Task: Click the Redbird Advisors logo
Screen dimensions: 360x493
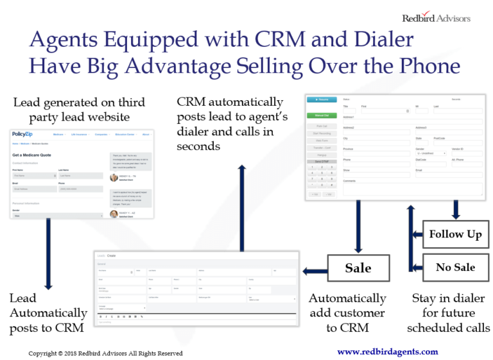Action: click(437, 17)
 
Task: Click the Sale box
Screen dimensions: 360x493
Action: click(358, 267)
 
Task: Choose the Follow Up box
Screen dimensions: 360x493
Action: click(455, 234)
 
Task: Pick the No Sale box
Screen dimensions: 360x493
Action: click(455, 267)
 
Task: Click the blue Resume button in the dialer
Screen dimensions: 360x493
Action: click(322, 100)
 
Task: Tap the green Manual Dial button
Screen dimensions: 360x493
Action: click(322, 116)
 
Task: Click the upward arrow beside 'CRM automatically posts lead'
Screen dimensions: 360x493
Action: click(242, 205)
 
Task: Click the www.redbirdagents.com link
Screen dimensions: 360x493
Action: click(388, 352)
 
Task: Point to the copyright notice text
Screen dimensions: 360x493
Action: click(105, 353)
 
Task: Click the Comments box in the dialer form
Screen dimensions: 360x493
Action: click(413, 189)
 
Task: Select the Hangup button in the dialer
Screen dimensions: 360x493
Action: click(322, 155)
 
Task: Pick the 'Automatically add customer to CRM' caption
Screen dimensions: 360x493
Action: click(347, 313)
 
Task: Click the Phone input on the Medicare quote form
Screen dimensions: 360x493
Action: click(80, 189)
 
